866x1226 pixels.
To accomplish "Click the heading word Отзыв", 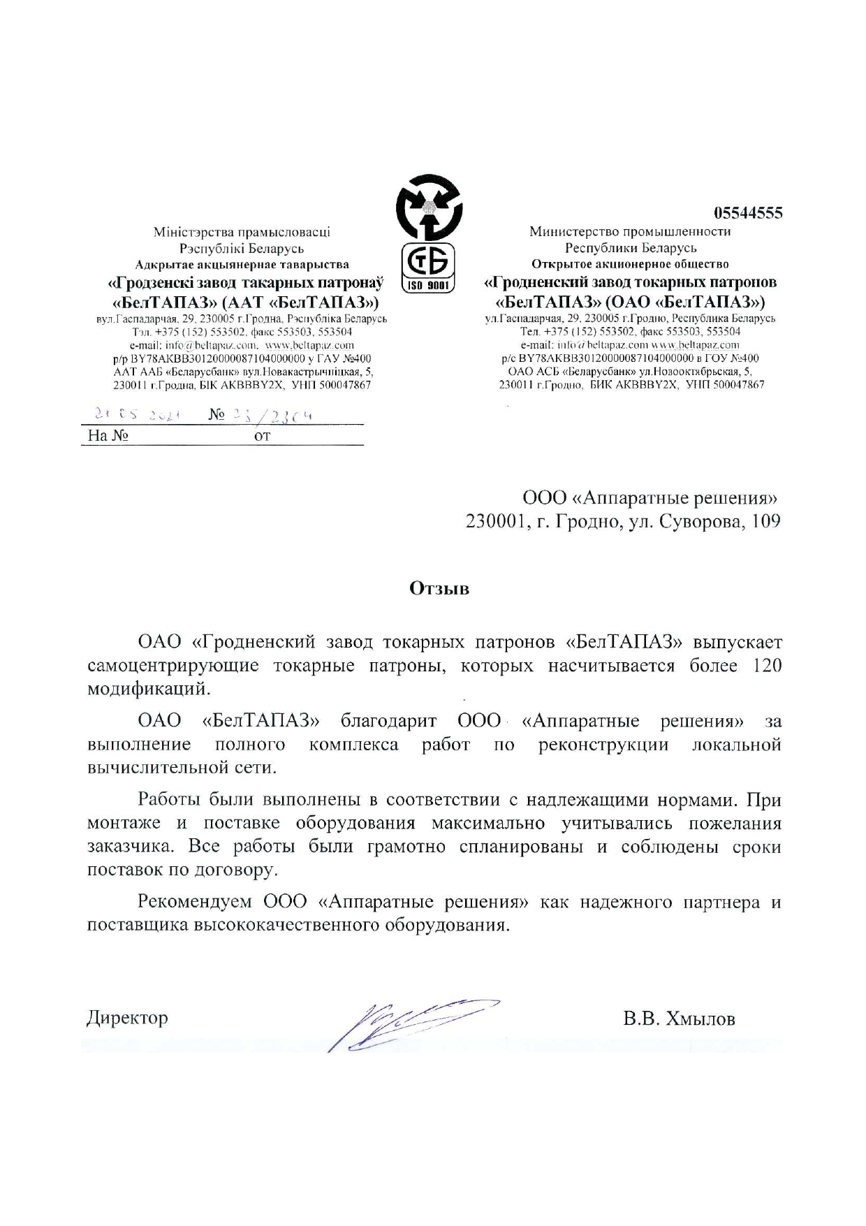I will pos(439,588).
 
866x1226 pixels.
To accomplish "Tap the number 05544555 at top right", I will pos(747,213).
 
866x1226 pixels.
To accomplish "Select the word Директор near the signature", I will pos(127,1018).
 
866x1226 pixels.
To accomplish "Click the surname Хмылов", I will pos(700,1019).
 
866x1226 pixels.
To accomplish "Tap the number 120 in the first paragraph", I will pos(767,665).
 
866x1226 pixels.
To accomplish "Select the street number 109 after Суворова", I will pos(766,522).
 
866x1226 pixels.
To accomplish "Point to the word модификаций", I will pos(148,689).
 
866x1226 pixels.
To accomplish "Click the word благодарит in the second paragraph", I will pos(388,720).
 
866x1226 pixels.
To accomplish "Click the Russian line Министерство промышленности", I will pos(630,232).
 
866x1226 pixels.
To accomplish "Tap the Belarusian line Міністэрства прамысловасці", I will pos(242,232).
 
